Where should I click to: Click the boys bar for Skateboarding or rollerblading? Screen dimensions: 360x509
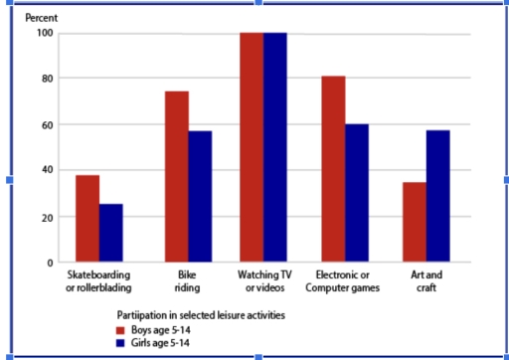[x=87, y=219]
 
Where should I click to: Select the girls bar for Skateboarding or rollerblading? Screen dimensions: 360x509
[x=112, y=233]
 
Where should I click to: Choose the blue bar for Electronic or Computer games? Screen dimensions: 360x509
[x=356, y=193]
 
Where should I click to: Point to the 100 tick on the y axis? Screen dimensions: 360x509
[x=45, y=33]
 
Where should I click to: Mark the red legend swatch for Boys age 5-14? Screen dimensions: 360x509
[x=120, y=328]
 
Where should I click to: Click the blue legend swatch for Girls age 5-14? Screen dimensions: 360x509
[x=120, y=341]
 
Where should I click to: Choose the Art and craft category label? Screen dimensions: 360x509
[x=425, y=280]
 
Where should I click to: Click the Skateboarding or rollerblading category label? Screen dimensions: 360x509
[x=98, y=280]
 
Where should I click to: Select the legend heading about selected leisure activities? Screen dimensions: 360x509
[x=201, y=314]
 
